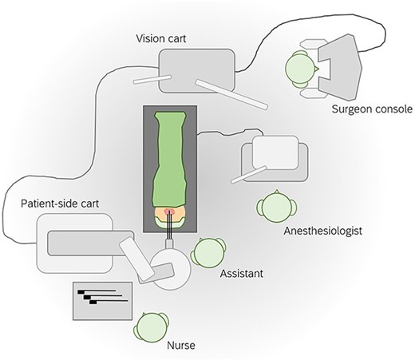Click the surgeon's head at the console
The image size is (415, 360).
tap(301, 69)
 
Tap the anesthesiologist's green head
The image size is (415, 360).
tap(273, 207)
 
